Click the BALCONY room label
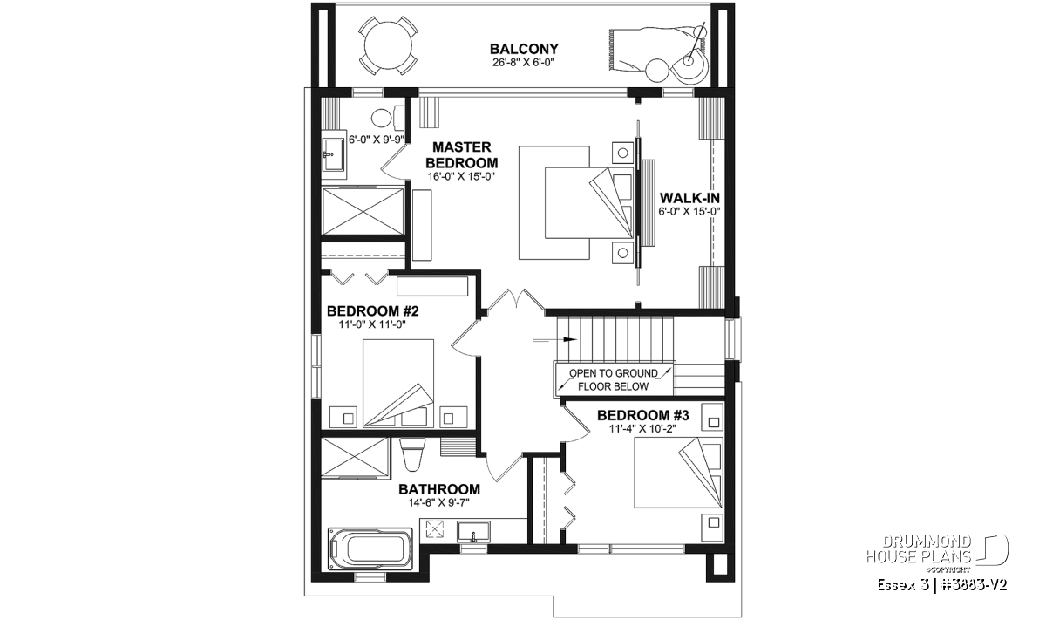click(524, 49)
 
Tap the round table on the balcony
click(388, 46)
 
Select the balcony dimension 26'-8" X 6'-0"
click(523, 63)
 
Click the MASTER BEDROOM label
click(461, 154)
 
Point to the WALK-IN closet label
click(689, 198)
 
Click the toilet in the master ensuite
click(389, 118)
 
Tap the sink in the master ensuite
click(332, 155)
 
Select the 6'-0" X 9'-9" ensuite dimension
click(376, 140)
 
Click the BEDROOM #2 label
click(373, 311)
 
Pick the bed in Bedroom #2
click(398, 383)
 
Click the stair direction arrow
click(555, 340)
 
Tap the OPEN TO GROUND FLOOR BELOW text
click(613, 380)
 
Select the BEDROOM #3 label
click(643, 415)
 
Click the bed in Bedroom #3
click(678, 473)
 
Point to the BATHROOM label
click(439, 489)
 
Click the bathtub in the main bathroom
click(370, 548)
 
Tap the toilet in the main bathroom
click(413, 453)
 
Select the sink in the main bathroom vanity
click(473, 532)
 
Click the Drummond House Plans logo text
click(919, 548)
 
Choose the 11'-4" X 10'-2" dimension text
click(642, 428)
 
